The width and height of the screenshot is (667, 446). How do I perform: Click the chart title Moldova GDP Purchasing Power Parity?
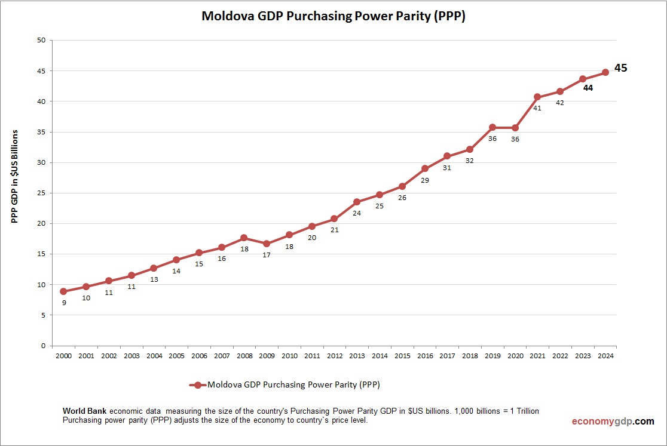tap(333, 16)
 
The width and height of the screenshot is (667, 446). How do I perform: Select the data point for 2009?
tap(267, 244)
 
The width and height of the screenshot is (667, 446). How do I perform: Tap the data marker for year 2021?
tap(537, 97)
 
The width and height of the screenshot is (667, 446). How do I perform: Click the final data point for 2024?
tap(605, 72)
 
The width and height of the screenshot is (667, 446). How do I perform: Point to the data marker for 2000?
tap(63, 291)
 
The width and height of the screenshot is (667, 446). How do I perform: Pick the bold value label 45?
tap(620, 68)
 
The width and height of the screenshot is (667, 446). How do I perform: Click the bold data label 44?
tap(588, 88)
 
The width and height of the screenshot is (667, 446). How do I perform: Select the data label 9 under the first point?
tap(63, 303)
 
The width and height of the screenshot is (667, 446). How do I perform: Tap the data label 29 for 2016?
tap(424, 180)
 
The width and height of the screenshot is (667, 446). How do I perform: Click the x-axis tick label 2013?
tap(357, 356)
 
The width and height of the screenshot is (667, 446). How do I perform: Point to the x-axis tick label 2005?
tap(176, 356)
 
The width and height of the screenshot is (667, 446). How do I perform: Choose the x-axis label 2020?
tap(515, 356)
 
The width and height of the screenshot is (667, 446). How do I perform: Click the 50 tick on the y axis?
tap(41, 41)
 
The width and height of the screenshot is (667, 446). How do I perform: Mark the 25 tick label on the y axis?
tap(41, 193)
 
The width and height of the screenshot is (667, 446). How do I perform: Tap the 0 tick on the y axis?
tap(43, 346)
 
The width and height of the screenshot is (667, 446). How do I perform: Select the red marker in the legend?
tap(198, 385)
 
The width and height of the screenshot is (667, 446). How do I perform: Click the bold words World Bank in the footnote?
tap(85, 411)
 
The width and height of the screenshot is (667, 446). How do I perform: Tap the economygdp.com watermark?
tap(613, 421)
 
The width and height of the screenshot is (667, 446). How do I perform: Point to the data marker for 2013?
tap(357, 202)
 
